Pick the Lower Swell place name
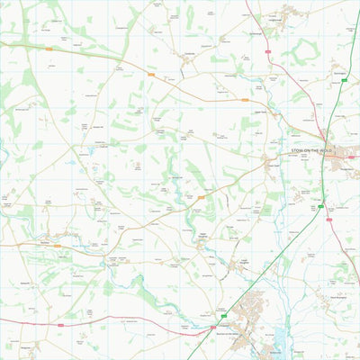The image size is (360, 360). [273, 165]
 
